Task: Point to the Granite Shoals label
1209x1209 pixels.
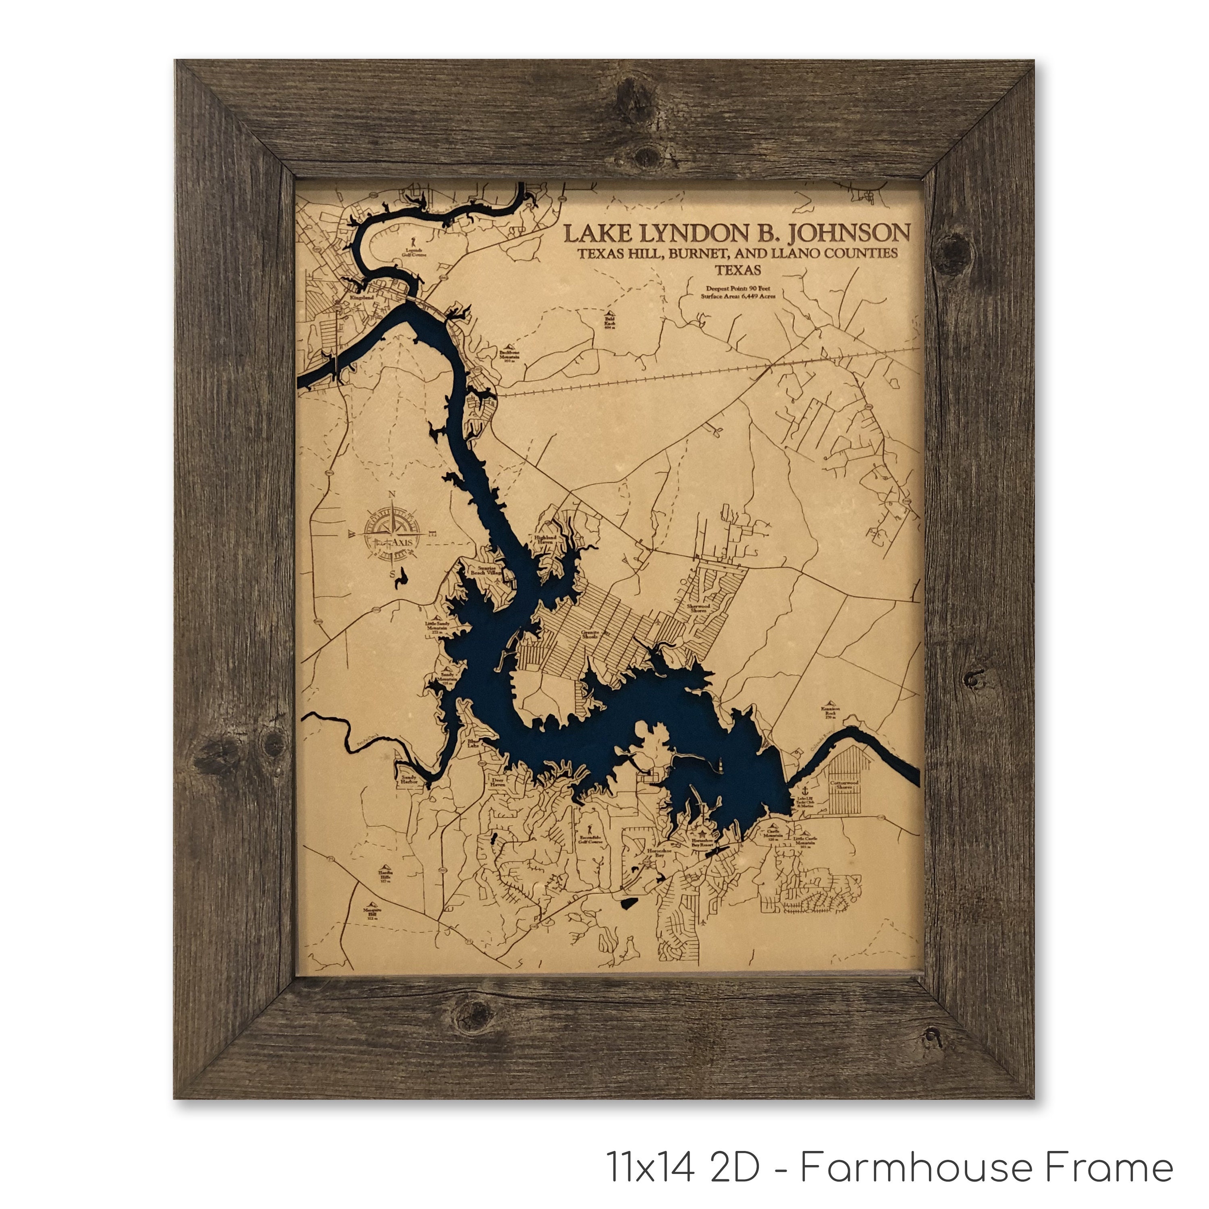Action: (x=590, y=635)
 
